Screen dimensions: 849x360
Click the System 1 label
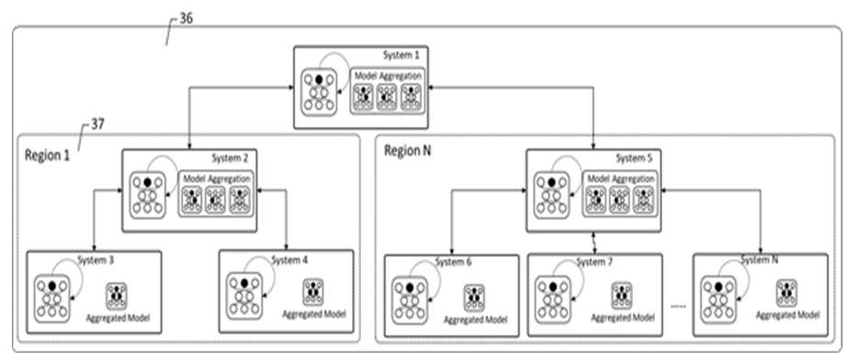click(402, 55)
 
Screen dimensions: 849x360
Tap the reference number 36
click(186, 19)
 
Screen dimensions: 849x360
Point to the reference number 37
click(98, 125)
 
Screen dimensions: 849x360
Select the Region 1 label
click(47, 155)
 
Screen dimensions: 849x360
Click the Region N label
click(408, 150)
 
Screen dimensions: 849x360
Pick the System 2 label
click(230, 158)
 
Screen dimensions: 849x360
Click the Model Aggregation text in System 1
click(389, 76)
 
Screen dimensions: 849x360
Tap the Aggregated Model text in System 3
click(118, 316)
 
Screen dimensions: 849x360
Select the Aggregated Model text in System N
click(787, 314)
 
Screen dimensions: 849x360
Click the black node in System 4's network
click(244, 283)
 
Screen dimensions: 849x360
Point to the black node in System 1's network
click(319, 80)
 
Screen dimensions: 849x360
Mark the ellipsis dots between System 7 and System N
click(677, 307)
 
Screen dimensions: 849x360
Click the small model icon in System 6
click(474, 298)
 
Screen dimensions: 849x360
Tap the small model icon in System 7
click(621, 295)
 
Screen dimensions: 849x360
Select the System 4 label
click(289, 261)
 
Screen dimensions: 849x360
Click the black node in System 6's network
click(410, 287)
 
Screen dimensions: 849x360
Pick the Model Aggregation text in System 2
click(217, 178)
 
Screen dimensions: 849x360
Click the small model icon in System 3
click(117, 296)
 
